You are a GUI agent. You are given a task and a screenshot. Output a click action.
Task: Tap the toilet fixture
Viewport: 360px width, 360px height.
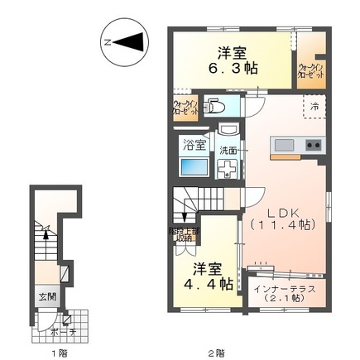click(213, 107)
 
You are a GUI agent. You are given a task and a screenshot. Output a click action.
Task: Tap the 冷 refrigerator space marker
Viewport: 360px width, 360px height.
click(315, 105)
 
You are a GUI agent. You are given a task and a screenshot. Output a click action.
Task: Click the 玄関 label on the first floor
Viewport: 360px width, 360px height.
click(46, 295)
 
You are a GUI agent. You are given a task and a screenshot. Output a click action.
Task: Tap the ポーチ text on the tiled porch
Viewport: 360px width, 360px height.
click(56, 332)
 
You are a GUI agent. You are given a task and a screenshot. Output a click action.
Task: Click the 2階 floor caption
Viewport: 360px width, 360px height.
click(217, 353)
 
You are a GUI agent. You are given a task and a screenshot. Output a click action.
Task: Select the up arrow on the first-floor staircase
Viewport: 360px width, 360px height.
click(46, 235)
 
